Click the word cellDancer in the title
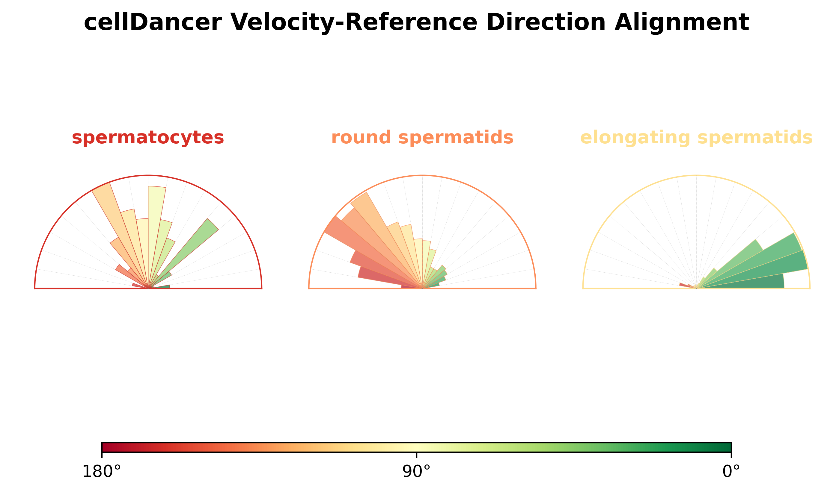pyautogui.click(x=153, y=22)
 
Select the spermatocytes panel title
pyautogui.click(x=148, y=138)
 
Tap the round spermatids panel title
pyautogui.click(x=422, y=138)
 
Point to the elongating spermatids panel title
pyautogui.click(x=696, y=138)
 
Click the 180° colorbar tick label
pyautogui.click(x=102, y=472)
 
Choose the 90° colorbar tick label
pyautogui.click(x=416, y=472)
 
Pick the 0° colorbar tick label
pyautogui.click(x=731, y=472)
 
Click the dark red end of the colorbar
pyautogui.click(x=106, y=447)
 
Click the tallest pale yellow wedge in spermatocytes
pyautogui.click(x=156, y=232)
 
